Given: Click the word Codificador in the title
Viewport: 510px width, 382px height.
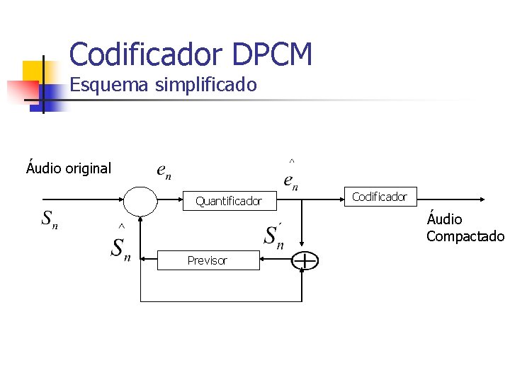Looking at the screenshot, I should pyautogui.click(x=145, y=54).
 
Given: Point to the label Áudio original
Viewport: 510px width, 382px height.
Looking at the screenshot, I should pyautogui.click(x=69, y=168).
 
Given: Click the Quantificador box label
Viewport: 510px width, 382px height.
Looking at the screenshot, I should pyautogui.click(x=228, y=202).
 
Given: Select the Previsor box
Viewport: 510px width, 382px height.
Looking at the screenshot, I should pyautogui.click(x=208, y=260).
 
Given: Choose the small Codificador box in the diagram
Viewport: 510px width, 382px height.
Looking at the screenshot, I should pyautogui.click(x=380, y=197).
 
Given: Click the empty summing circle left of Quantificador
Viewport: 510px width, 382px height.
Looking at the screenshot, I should pyautogui.click(x=141, y=201).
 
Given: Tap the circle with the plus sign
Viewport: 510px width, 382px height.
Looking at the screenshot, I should pyautogui.click(x=305, y=261).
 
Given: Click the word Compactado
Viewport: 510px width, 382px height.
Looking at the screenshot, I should pyautogui.click(x=465, y=236).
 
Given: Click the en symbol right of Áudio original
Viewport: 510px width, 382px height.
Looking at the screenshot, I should pyautogui.click(x=164, y=171).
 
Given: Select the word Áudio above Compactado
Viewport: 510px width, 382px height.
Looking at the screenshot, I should pyautogui.click(x=444, y=219).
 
